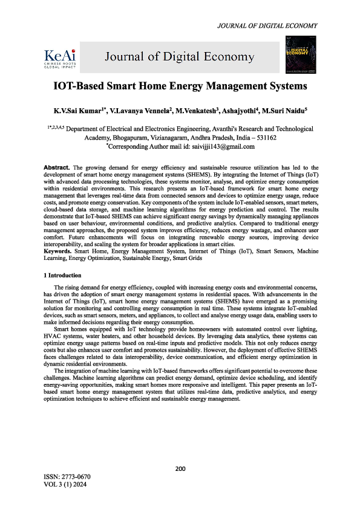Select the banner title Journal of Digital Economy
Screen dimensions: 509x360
pos(180,57)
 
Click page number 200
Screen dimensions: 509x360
pos(180,468)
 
